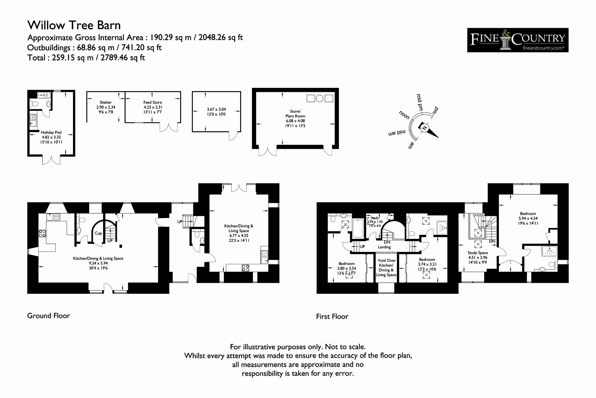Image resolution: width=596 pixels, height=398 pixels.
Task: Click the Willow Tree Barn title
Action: click(x=74, y=25)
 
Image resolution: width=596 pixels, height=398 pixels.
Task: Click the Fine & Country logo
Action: click(x=518, y=40)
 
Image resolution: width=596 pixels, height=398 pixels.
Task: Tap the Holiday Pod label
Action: click(x=51, y=132)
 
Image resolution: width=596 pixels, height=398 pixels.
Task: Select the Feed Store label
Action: click(x=153, y=102)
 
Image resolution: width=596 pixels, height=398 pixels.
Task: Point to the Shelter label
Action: click(x=106, y=102)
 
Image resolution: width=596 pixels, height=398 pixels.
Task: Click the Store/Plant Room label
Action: click(x=295, y=113)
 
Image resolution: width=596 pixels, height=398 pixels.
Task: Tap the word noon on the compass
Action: click(x=404, y=115)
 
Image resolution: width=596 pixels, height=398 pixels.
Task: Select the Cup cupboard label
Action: click(x=98, y=233)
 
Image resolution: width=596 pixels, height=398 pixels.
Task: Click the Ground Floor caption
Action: click(x=48, y=316)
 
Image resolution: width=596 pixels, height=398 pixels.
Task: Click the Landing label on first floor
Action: click(x=384, y=247)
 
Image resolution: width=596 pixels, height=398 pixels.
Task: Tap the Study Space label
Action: click(x=478, y=252)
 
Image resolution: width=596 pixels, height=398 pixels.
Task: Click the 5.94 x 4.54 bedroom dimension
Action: click(x=528, y=218)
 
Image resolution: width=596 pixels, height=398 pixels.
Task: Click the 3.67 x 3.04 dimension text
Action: click(x=216, y=109)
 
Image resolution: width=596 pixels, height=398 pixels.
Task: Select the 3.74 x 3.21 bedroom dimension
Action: click(x=427, y=264)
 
